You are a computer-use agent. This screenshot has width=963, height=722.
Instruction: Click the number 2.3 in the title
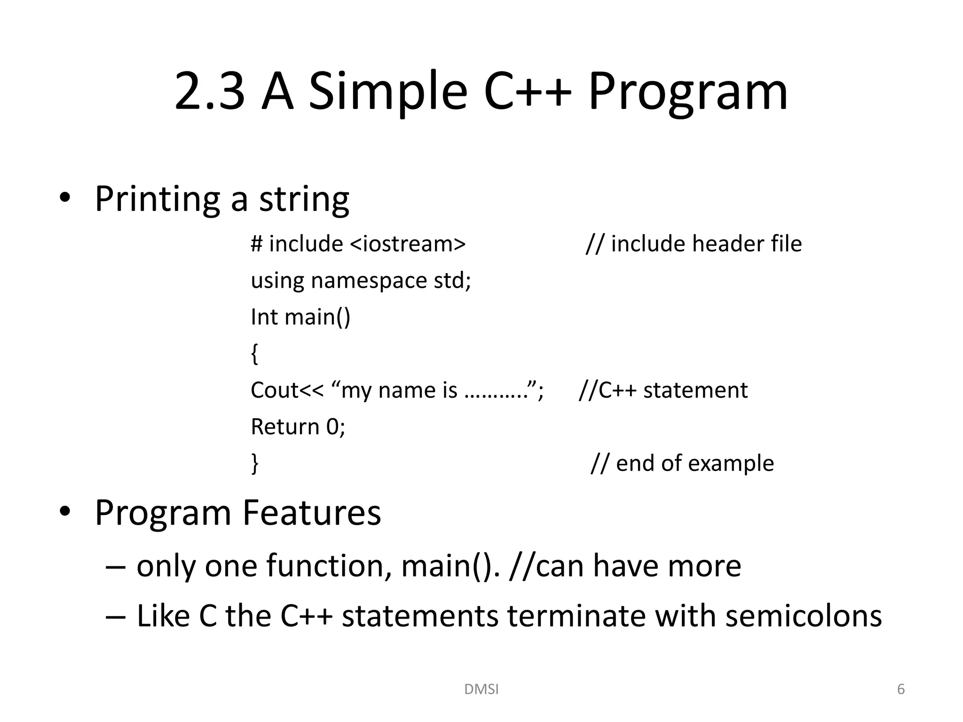click(210, 91)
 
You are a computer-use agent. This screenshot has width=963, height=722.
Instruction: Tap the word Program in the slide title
click(687, 91)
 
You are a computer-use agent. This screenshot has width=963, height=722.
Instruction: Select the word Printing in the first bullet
click(157, 199)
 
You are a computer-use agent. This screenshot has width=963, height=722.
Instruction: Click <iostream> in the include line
click(408, 244)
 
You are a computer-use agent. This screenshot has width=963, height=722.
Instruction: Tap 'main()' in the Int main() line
click(317, 317)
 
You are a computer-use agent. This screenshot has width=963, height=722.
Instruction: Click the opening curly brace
click(254, 353)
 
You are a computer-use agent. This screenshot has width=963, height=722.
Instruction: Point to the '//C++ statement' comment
click(663, 390)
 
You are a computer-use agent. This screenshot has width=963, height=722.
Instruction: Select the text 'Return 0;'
click(298, 427)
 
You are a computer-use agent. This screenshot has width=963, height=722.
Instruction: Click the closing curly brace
click(254, 463)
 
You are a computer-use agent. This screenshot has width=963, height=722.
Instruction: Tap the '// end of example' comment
click(682, 463)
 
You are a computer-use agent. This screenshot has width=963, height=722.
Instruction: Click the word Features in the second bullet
click(311, 512)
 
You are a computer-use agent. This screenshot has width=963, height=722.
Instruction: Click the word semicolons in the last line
click(803, 616)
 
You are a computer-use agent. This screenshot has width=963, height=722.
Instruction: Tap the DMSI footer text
click(481, 689)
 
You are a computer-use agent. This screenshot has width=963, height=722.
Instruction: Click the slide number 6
click(901, 689)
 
